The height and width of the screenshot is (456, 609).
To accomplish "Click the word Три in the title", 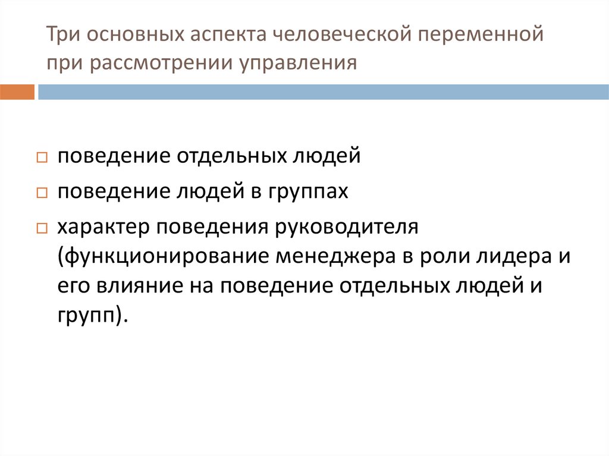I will (x=61, y=35).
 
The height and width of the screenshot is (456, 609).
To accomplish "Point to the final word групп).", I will (x=93, y=315).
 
